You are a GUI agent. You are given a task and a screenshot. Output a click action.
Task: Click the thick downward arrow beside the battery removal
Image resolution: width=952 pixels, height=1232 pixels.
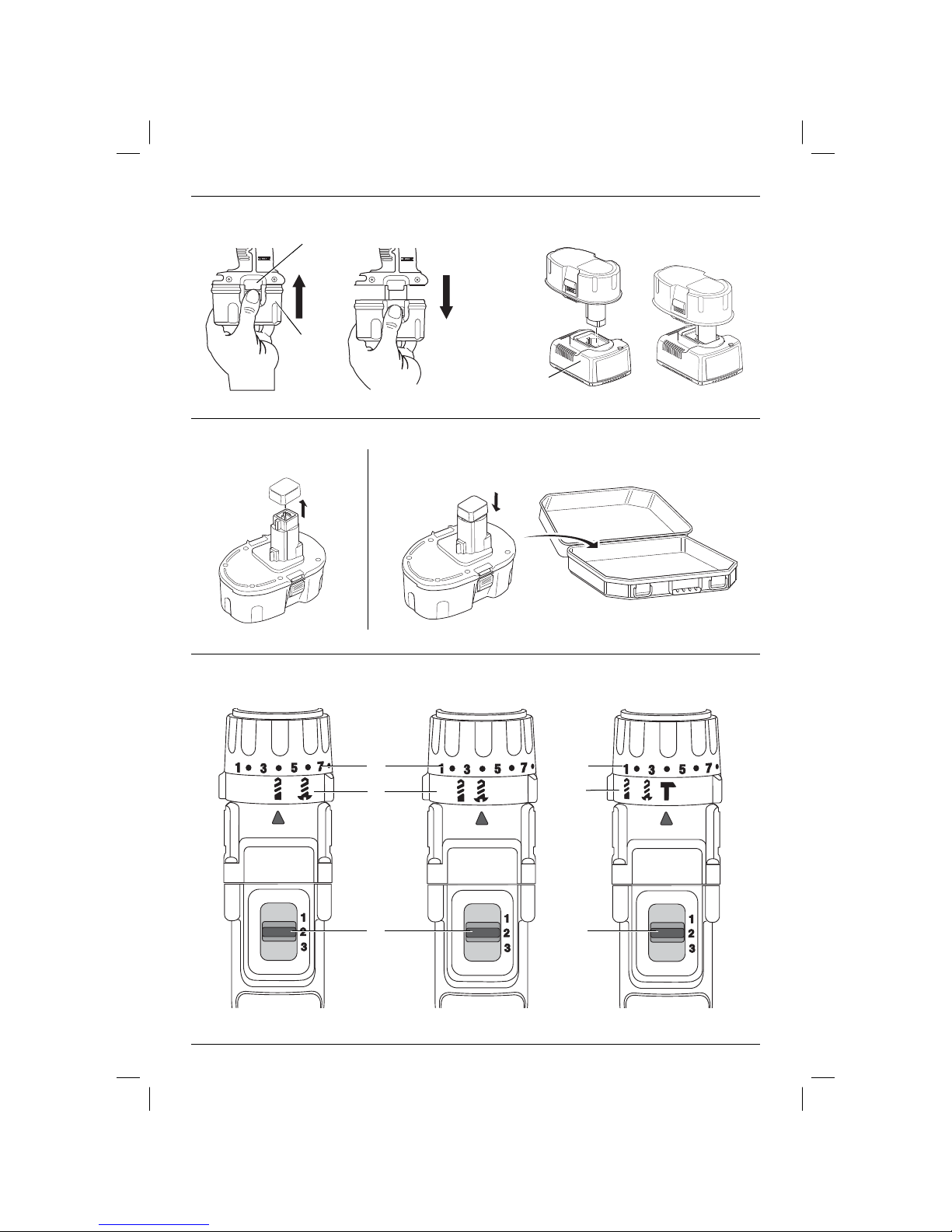click(x=447, y=297)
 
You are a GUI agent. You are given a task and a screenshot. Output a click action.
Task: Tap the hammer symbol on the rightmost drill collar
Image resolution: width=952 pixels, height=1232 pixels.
click(x=668, y=791)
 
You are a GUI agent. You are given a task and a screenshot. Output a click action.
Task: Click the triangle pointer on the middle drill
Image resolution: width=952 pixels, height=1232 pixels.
click(x=482, y=818)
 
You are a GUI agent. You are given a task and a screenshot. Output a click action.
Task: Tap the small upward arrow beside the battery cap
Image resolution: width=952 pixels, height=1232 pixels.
click(x=304, y=508)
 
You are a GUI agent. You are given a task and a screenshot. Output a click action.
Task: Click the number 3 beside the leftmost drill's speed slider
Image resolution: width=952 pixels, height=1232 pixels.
click(x=304, y=946)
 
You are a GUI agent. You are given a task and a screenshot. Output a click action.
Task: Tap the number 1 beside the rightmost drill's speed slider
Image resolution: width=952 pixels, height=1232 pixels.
click(x=692, y=919)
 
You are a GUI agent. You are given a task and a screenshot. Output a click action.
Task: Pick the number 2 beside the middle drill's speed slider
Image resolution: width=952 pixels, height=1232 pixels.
click(x=507, y=933)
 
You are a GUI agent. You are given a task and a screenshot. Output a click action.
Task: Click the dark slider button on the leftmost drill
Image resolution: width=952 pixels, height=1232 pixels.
click(x=278, y=932)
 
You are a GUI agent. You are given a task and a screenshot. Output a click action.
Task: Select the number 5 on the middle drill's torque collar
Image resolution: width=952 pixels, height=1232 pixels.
click(x=497, y=769)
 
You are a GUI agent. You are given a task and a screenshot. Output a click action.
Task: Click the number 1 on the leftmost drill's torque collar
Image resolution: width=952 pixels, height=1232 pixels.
click(x=238, y=768)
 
